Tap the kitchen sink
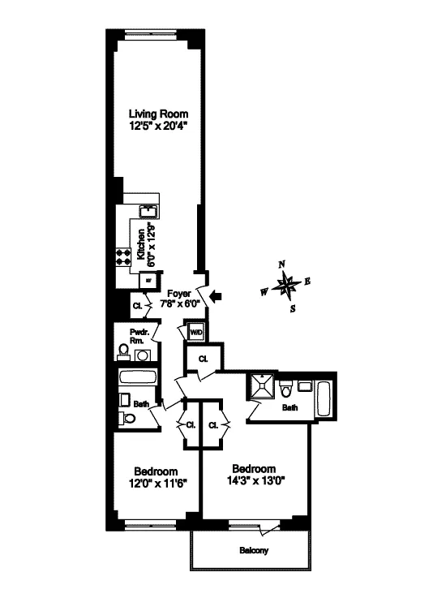(149, 213)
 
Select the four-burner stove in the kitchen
(125, 257)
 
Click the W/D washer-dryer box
(196, 333)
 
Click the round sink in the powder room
(143, 355)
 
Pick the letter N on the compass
(282, 264)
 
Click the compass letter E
(308, 282)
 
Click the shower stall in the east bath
(262, 388)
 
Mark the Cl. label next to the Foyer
(138, 306)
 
